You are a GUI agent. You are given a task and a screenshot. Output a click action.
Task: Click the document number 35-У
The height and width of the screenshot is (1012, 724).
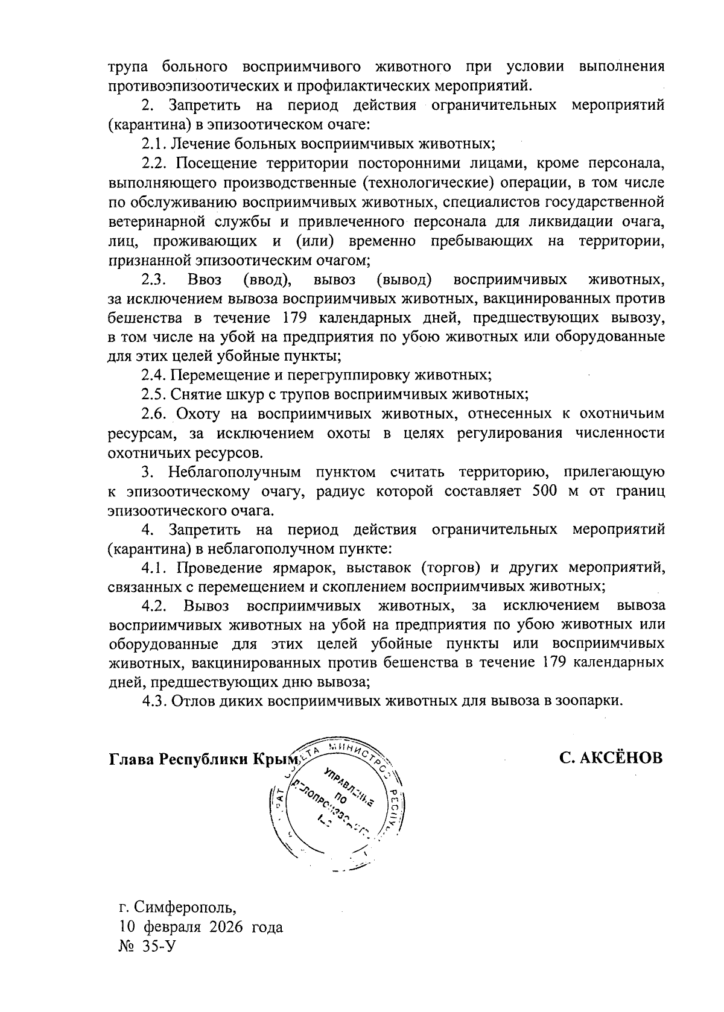pyautogui.click(x=159, y=947)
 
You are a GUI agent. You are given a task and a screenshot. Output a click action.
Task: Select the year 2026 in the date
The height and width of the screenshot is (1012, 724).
pyautogui.click(x=226, y=927)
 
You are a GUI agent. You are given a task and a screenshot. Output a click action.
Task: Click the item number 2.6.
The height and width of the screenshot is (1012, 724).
pyautogui.click(x=154, y=414)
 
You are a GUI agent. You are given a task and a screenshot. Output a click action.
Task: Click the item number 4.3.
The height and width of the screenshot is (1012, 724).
pyautogui.click(x=154, y=701)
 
